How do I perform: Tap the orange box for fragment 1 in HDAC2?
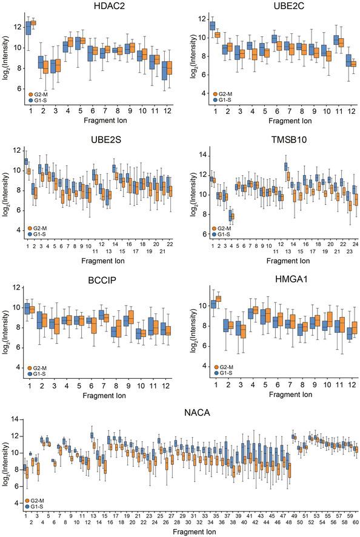click(x=33, y=23)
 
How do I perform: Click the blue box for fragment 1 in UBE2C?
click(x=212, y=25)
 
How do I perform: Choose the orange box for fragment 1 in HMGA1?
click(x=218, y=298)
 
